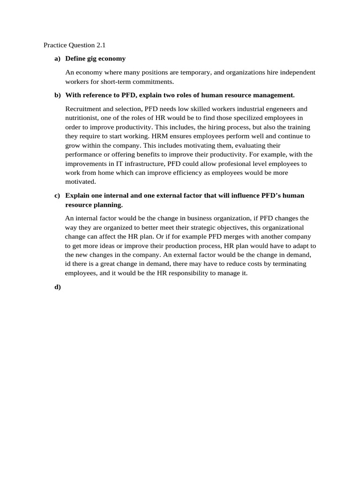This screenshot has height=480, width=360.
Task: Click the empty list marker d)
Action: [58, 287]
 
